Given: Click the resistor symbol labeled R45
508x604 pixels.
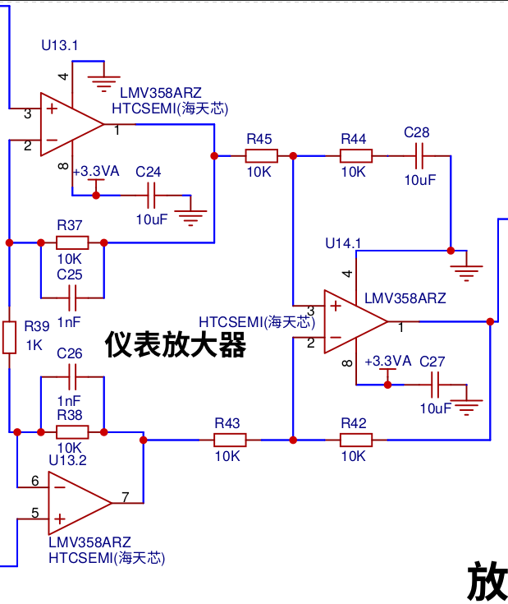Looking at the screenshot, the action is coord(262,155).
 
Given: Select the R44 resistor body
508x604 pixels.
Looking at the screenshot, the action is coord(355,155).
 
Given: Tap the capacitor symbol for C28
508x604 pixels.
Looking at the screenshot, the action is coord(419,155).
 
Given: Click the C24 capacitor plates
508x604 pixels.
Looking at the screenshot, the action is coord(151,196).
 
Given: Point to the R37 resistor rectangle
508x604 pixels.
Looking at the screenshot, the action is coord(72,242).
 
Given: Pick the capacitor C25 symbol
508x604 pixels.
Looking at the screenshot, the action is coord(72,297).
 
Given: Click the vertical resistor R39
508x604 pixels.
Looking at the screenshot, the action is coord(9,338).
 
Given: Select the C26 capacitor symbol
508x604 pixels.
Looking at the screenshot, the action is coord(72,376).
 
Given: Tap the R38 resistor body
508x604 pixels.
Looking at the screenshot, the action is coord(72,432).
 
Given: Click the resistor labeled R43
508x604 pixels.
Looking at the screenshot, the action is coord(230,440).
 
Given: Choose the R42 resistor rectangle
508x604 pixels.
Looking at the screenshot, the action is coord(355,440).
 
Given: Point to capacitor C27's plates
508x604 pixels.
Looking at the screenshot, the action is coord(435,385).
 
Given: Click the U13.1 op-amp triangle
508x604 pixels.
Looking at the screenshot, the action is coord(72,124).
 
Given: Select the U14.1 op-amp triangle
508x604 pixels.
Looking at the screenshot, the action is coord(355,321).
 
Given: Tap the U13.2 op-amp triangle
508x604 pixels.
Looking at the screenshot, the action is coord(80,503).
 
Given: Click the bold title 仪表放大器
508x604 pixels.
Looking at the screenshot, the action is coord(176,344).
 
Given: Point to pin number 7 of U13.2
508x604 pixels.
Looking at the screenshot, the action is coord(126,497).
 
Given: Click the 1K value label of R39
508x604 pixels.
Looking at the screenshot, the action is coord(34,345).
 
